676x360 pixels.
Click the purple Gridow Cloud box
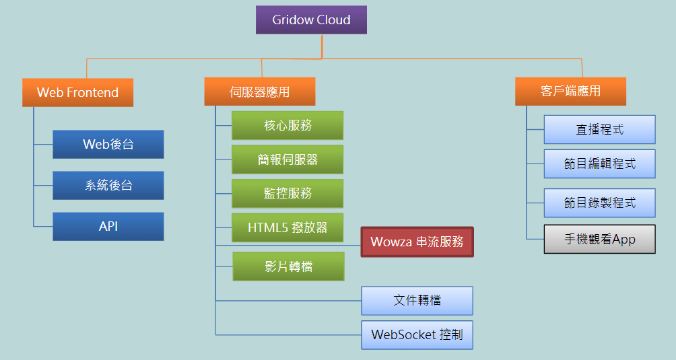[311, 20]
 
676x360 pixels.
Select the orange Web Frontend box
[77, 92]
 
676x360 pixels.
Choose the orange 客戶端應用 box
[570, 92]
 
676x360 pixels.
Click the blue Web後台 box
[108, 144]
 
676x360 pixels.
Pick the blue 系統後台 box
[108, 185]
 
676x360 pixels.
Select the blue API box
[108, 226]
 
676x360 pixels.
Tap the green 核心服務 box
[288, 125]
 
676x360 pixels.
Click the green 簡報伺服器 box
[288, 159]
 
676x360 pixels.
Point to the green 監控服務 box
[288, 193]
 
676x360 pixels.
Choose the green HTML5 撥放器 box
[288, 227]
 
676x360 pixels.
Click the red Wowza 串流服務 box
[417, 242]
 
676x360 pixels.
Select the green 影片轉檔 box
[288, 266]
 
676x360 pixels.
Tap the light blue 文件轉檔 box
[417, 300]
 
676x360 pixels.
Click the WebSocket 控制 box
[417, 334]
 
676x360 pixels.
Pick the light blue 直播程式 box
[599, 129]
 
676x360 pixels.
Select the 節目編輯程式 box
[599, 163]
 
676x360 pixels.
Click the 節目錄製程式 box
[599, 203]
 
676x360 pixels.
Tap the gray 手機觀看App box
[599, 239]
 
